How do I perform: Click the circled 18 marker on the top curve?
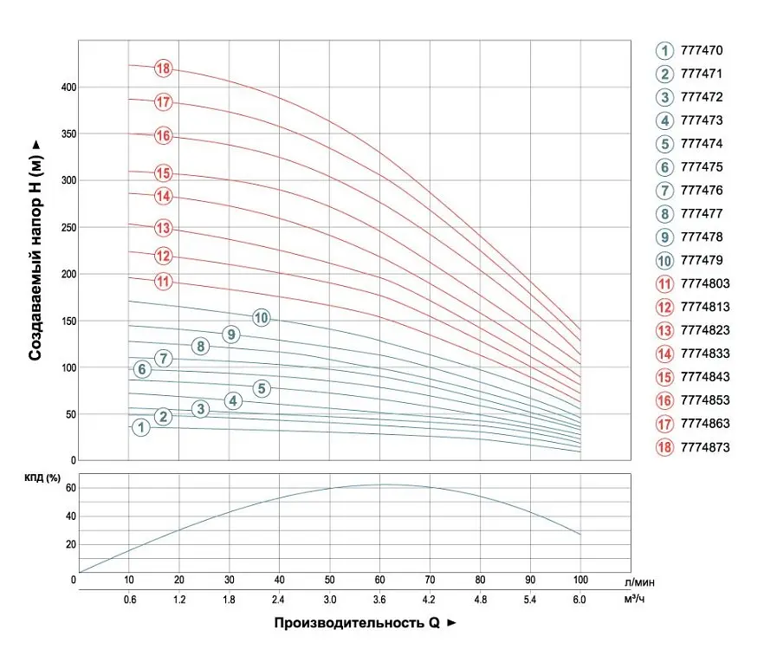point(163,68)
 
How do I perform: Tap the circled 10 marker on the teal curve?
point(262,318)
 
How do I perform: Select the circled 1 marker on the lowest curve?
point(141,427)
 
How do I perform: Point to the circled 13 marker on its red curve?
point(163,228)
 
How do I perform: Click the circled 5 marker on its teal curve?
point(262,388)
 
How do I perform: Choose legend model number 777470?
point(701,50)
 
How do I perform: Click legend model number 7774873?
point(705,447)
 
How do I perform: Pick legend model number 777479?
point(701,260)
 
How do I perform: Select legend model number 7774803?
point(705,283)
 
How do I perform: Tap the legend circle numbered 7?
point(664,190)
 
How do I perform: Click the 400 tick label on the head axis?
point(68,88)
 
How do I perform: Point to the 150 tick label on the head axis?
point(68,322)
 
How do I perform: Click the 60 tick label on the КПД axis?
point(71,488)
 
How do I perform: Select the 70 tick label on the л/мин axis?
point(430,580)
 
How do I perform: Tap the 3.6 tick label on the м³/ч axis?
point(379,600)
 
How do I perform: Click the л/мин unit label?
point(639,582)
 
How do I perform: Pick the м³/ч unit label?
point(634,599)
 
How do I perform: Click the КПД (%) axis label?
point(42,478)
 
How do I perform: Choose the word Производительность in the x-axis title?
point(349,623)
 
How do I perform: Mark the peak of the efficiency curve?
point(385,484)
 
